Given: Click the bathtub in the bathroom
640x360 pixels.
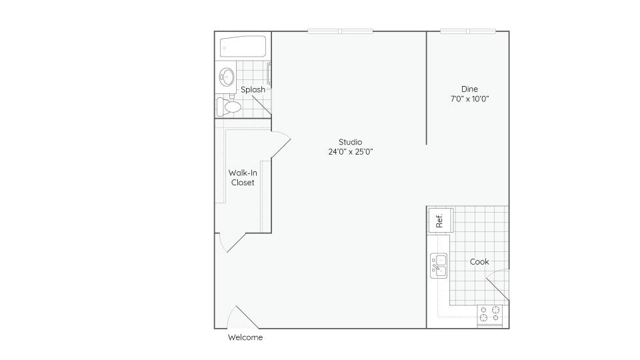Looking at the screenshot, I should [243, 47].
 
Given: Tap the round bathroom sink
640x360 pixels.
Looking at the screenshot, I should [226, 78].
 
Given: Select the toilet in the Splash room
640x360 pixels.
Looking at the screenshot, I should [230, 106].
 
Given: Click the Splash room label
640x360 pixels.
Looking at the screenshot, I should [253, 89].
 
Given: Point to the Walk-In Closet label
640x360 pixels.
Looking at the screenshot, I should [242, 177].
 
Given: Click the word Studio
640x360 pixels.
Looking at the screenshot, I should [350, 141].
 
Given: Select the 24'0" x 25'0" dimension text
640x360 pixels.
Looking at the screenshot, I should [350, 151].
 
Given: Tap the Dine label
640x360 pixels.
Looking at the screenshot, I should [469, 89].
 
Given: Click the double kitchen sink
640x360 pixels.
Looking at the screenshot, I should [439, 265].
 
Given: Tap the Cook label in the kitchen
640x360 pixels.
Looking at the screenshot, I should [479, 262].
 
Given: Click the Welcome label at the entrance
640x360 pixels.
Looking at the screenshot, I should [245, 337].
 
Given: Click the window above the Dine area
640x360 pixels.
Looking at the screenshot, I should [468, 31].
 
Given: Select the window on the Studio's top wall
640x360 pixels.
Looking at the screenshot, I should [340, 31].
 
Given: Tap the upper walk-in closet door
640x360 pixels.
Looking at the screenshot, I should [280, 145].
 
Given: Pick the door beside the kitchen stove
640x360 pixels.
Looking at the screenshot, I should [497, 287].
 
